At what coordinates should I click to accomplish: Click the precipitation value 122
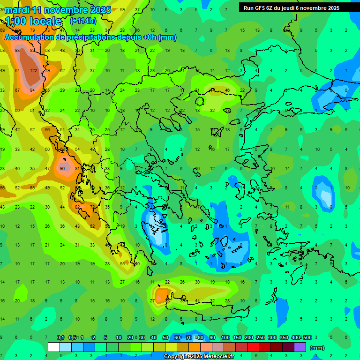pyautogui.click(x=34, y=70)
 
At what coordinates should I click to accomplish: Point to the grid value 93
pyautogui.click(x=17, y=50)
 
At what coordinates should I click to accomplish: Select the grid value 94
pyautogui.click(x=32, y=90)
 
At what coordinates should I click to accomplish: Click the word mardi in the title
pyautogui.click(x=17, y=10)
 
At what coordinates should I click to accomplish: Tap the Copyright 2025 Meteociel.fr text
pyautogui.click(x=199, y=357)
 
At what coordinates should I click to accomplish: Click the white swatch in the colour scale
pyautogui.click(x=54, y=347)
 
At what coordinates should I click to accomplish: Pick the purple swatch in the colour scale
pyautogui.click(x=300, y=347)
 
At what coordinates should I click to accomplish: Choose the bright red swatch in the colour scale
pyautogui.click(x=253, y=347)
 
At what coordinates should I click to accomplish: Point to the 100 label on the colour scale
pyautogui.click(x=225, y=338)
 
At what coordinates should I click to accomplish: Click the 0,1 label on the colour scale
pyautogui.click(x=60, y=338)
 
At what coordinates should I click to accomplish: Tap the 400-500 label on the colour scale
pyautogui.click(x=301, y=338)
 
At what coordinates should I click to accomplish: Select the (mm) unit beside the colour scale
pyautogui.click(x=317, y=348)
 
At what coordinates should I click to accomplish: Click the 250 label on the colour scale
pyautogui.click(x=260, y=338)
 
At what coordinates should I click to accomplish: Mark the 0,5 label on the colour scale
pyautogui.click(x=72, y=338)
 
